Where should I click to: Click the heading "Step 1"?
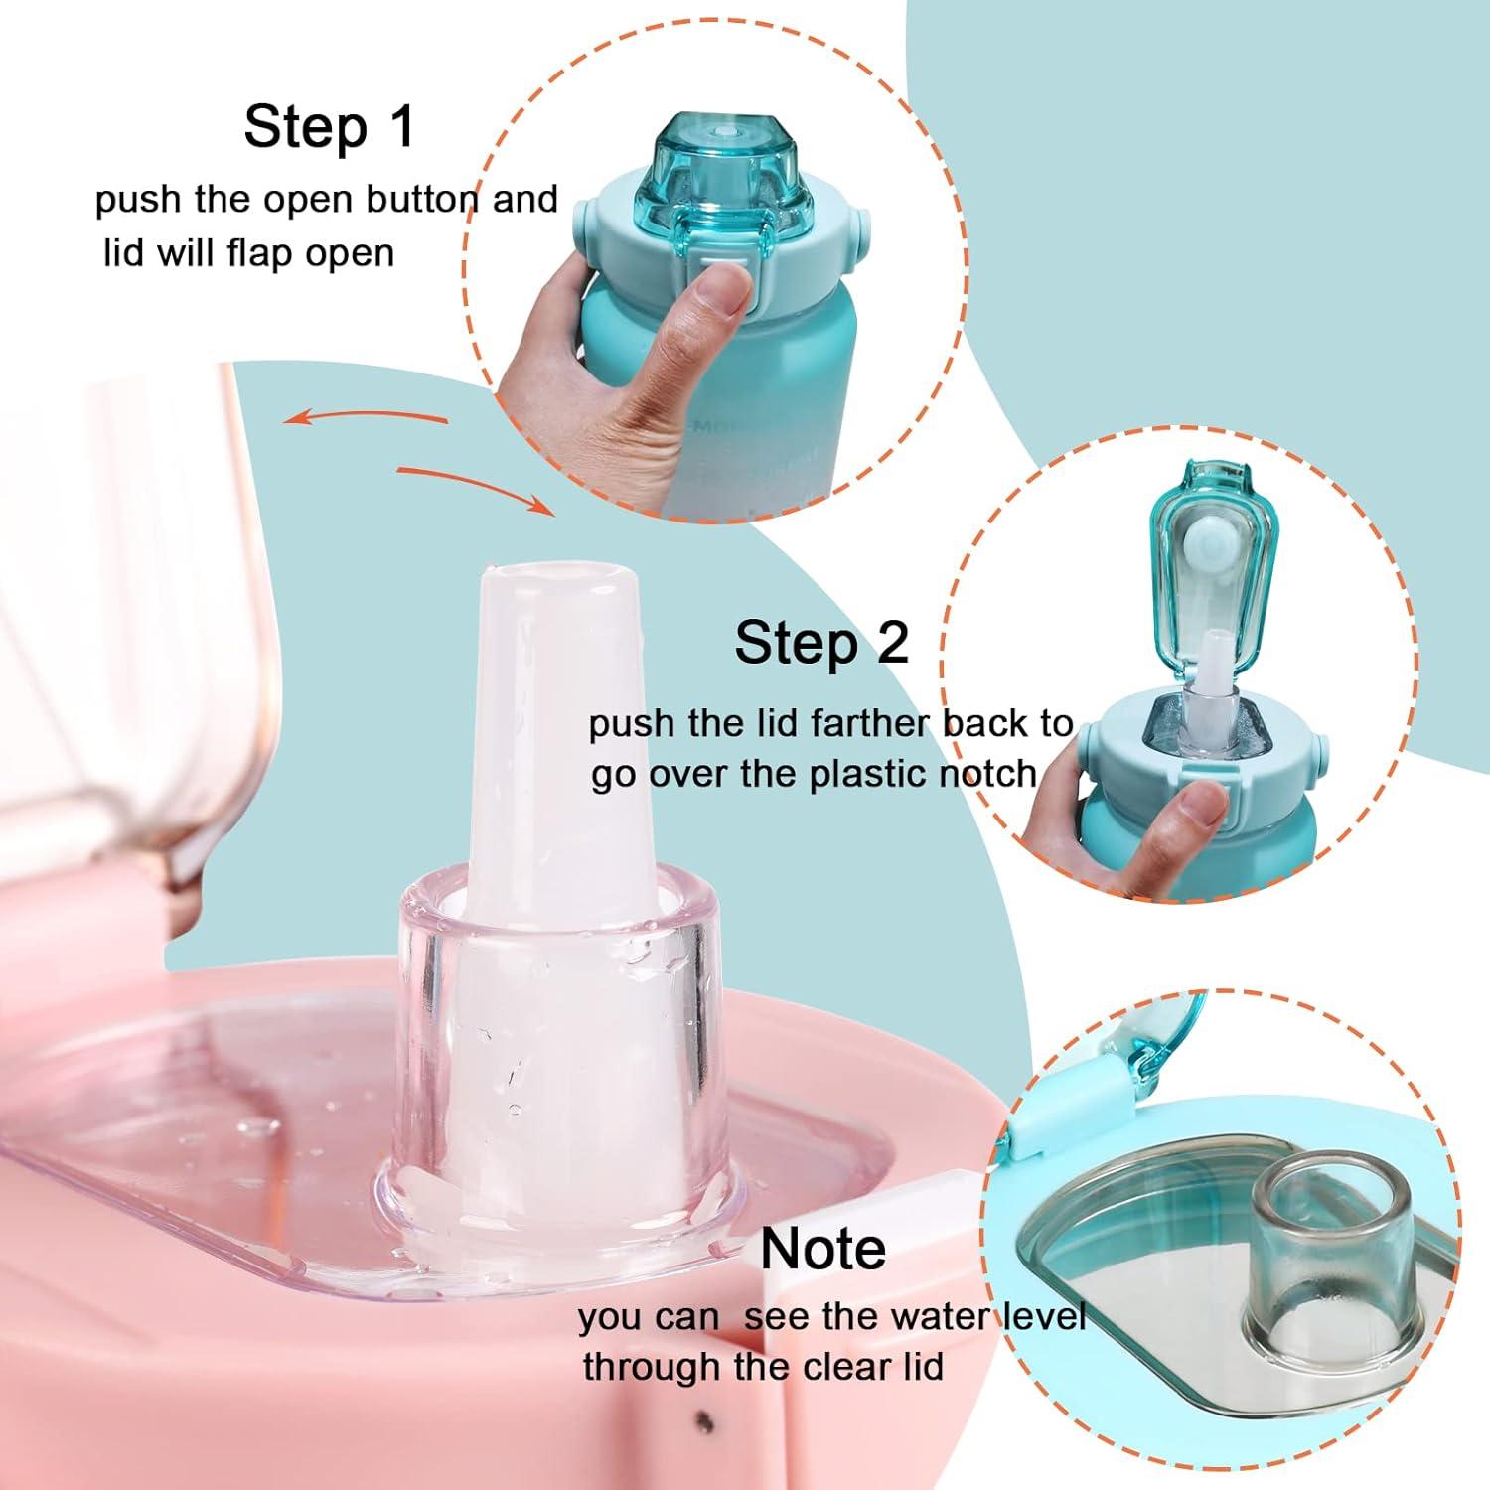click(329, 128)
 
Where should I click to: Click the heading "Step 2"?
click(820, 643)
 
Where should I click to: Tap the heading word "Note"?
click(822, 1249)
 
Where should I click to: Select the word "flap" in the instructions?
click(261, 253)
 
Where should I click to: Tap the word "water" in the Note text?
click(938, 1316)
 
